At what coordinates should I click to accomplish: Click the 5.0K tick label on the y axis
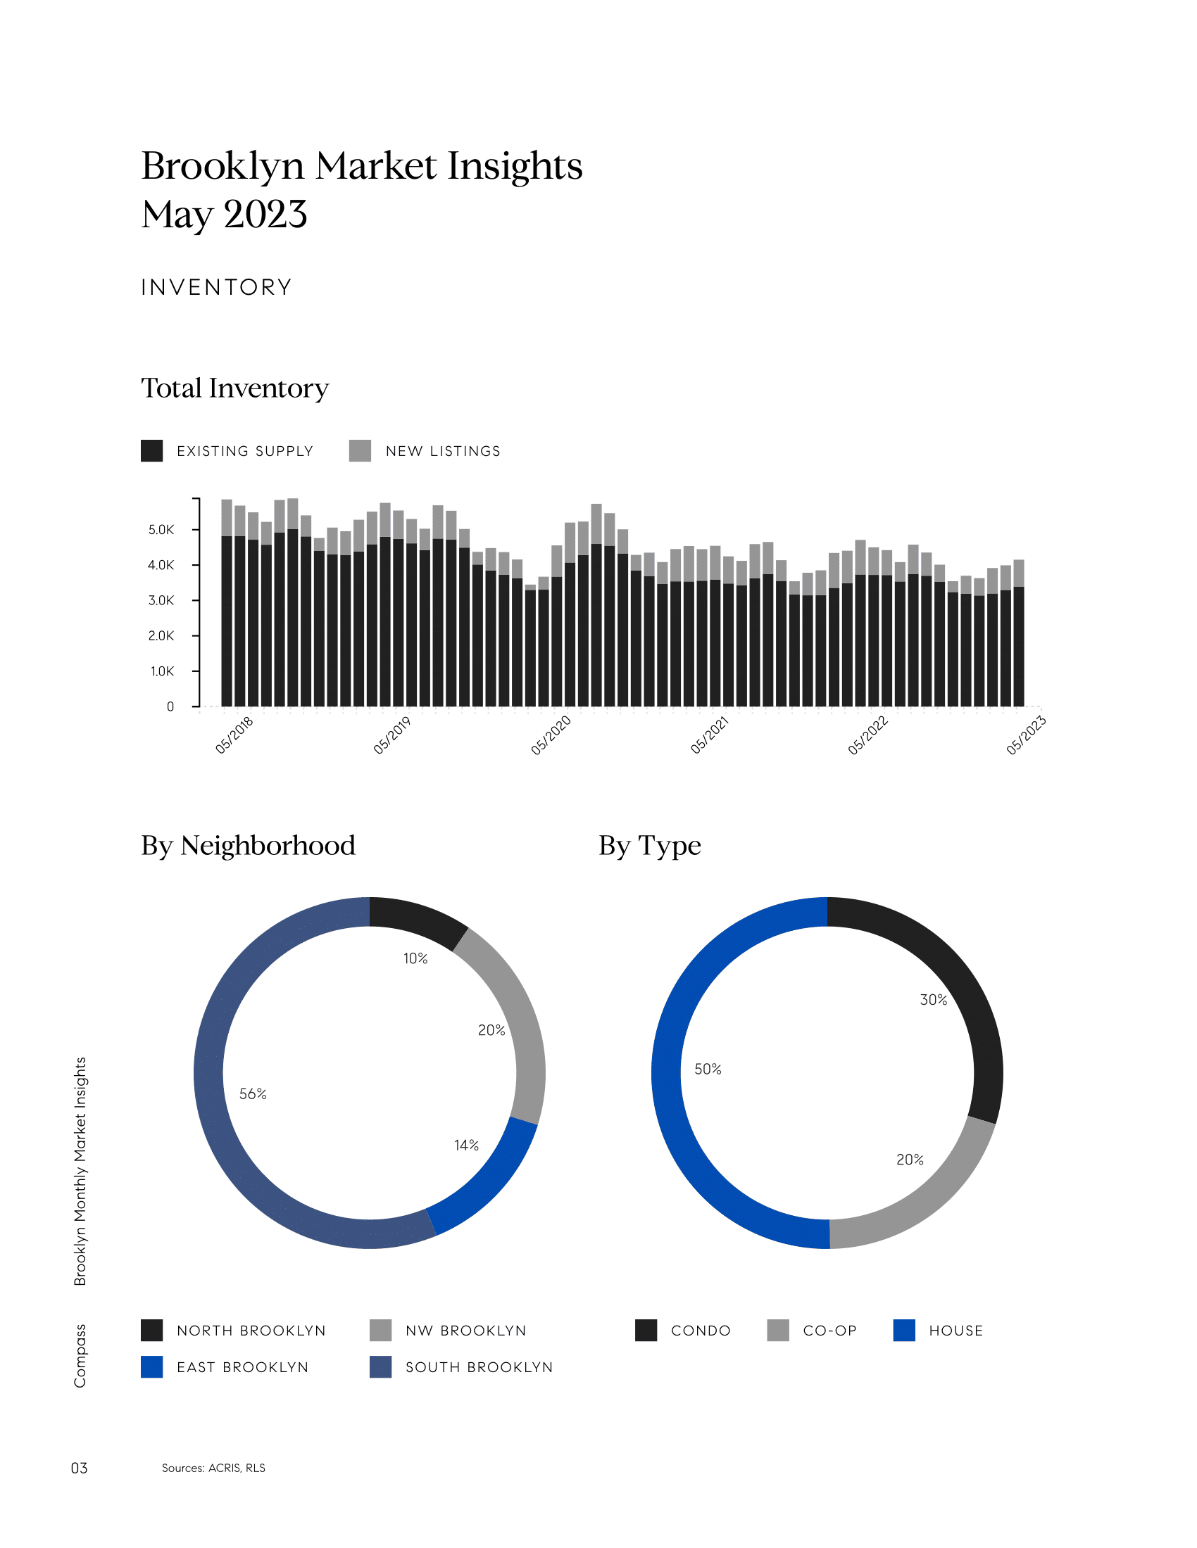coord(161,529)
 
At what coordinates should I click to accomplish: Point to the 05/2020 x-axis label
coord(551,735)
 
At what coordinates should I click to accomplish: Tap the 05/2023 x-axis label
coord(1025,735)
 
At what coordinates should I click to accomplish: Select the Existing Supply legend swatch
coord(152,451)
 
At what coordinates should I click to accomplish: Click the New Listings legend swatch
coord(361,451)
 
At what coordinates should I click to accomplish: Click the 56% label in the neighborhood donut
coord(253,1093)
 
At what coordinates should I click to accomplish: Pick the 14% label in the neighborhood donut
coord(467,1145)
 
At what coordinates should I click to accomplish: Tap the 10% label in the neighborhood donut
coord(415,958)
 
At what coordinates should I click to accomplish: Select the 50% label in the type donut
coord(708,1069)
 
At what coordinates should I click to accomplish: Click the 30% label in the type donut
coord(933,999)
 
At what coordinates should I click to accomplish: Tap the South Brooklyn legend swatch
coord(381,1366)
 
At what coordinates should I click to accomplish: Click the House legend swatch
coord(904,1330)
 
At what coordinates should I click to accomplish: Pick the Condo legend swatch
coord(646,1330)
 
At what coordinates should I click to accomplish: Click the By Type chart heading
coord(650,846)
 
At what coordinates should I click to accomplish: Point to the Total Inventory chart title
coord(234,388)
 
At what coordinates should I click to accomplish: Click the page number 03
coord(79,1467)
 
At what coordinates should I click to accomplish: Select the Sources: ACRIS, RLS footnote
coord(213,1467)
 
